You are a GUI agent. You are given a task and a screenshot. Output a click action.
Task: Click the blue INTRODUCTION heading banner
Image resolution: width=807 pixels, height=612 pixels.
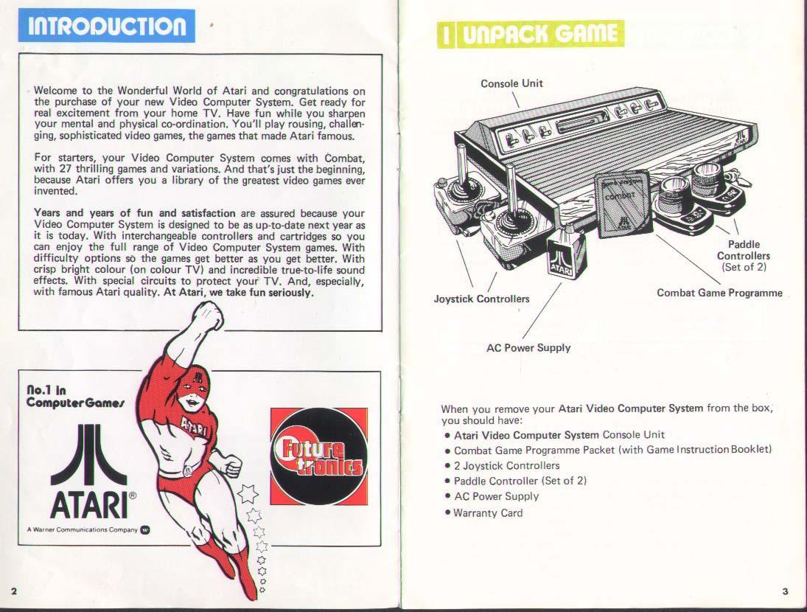[x=107, y=26]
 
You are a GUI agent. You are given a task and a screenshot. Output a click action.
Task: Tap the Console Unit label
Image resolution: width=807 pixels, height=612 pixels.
[x=511, y=83]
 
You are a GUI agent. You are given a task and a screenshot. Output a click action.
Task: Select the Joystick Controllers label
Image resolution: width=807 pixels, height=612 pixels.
[x=481, y=299]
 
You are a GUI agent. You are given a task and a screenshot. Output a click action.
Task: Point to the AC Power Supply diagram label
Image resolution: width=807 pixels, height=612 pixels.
[x=528, y=347]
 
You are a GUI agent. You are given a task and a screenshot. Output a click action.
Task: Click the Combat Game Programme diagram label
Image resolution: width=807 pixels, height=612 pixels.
[x=719, y=293]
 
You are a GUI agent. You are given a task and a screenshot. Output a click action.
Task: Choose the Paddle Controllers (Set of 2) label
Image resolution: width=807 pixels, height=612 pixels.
[x=744, y=255]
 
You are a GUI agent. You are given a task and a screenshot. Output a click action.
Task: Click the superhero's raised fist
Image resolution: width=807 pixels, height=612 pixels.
[x=207, y=317]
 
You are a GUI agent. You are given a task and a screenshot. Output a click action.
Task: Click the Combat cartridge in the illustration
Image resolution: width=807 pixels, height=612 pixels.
[x=623, y=204]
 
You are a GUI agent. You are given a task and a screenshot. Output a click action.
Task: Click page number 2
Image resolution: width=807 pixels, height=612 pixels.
[x=14, y=591]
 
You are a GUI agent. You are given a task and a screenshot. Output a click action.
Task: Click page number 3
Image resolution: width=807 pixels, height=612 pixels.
[x=785, y=591]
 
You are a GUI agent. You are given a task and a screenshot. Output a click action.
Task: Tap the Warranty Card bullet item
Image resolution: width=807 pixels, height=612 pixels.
[x=487, y=512]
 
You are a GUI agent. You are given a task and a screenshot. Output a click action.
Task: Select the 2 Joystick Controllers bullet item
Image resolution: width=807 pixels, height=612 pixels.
[x=506, y=465]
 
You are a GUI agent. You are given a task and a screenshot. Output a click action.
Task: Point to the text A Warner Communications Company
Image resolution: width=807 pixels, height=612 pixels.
[x=82, y=529]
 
